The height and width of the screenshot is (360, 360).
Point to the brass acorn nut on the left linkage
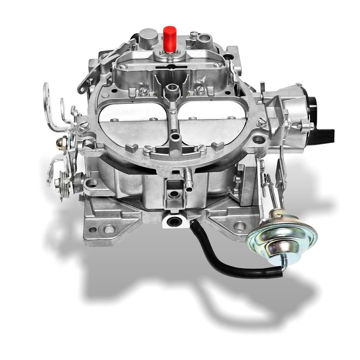(60, 143)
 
